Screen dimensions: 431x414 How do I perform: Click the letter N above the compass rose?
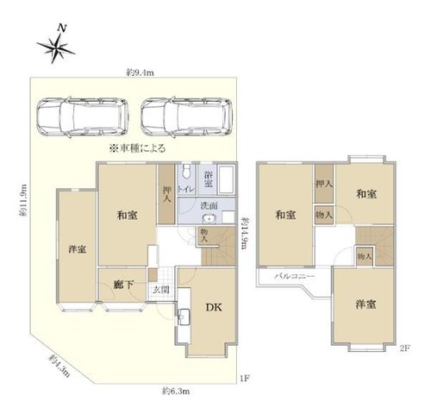click(62, 28)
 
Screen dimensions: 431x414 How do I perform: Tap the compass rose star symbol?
click(55, 48)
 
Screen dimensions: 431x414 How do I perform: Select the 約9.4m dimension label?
click(141, 72)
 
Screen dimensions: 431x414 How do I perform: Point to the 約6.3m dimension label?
click(176, 391)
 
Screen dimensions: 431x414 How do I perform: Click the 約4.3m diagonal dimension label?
click(59, 366)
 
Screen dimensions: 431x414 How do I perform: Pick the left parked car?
click(83, 117)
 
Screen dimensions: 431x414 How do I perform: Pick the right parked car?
click(187, 117)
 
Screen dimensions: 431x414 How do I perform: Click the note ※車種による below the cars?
click(137, 148)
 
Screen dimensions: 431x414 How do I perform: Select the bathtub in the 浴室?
click(226, 179)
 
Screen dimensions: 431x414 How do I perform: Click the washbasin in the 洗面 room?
click(209, 219)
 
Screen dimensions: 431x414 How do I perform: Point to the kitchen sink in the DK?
click(184, 317)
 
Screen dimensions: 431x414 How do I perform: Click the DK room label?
click(214, 307)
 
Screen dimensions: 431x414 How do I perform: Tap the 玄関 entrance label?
click(160, 290)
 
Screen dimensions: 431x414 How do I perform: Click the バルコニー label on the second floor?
click(294, 277)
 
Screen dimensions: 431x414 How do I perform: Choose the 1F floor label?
click(244, 379)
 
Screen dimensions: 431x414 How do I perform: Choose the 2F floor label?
click(404, 348)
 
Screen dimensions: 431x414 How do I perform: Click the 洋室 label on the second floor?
click(365, 304)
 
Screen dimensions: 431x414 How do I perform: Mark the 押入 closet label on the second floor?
click(324, 184)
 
